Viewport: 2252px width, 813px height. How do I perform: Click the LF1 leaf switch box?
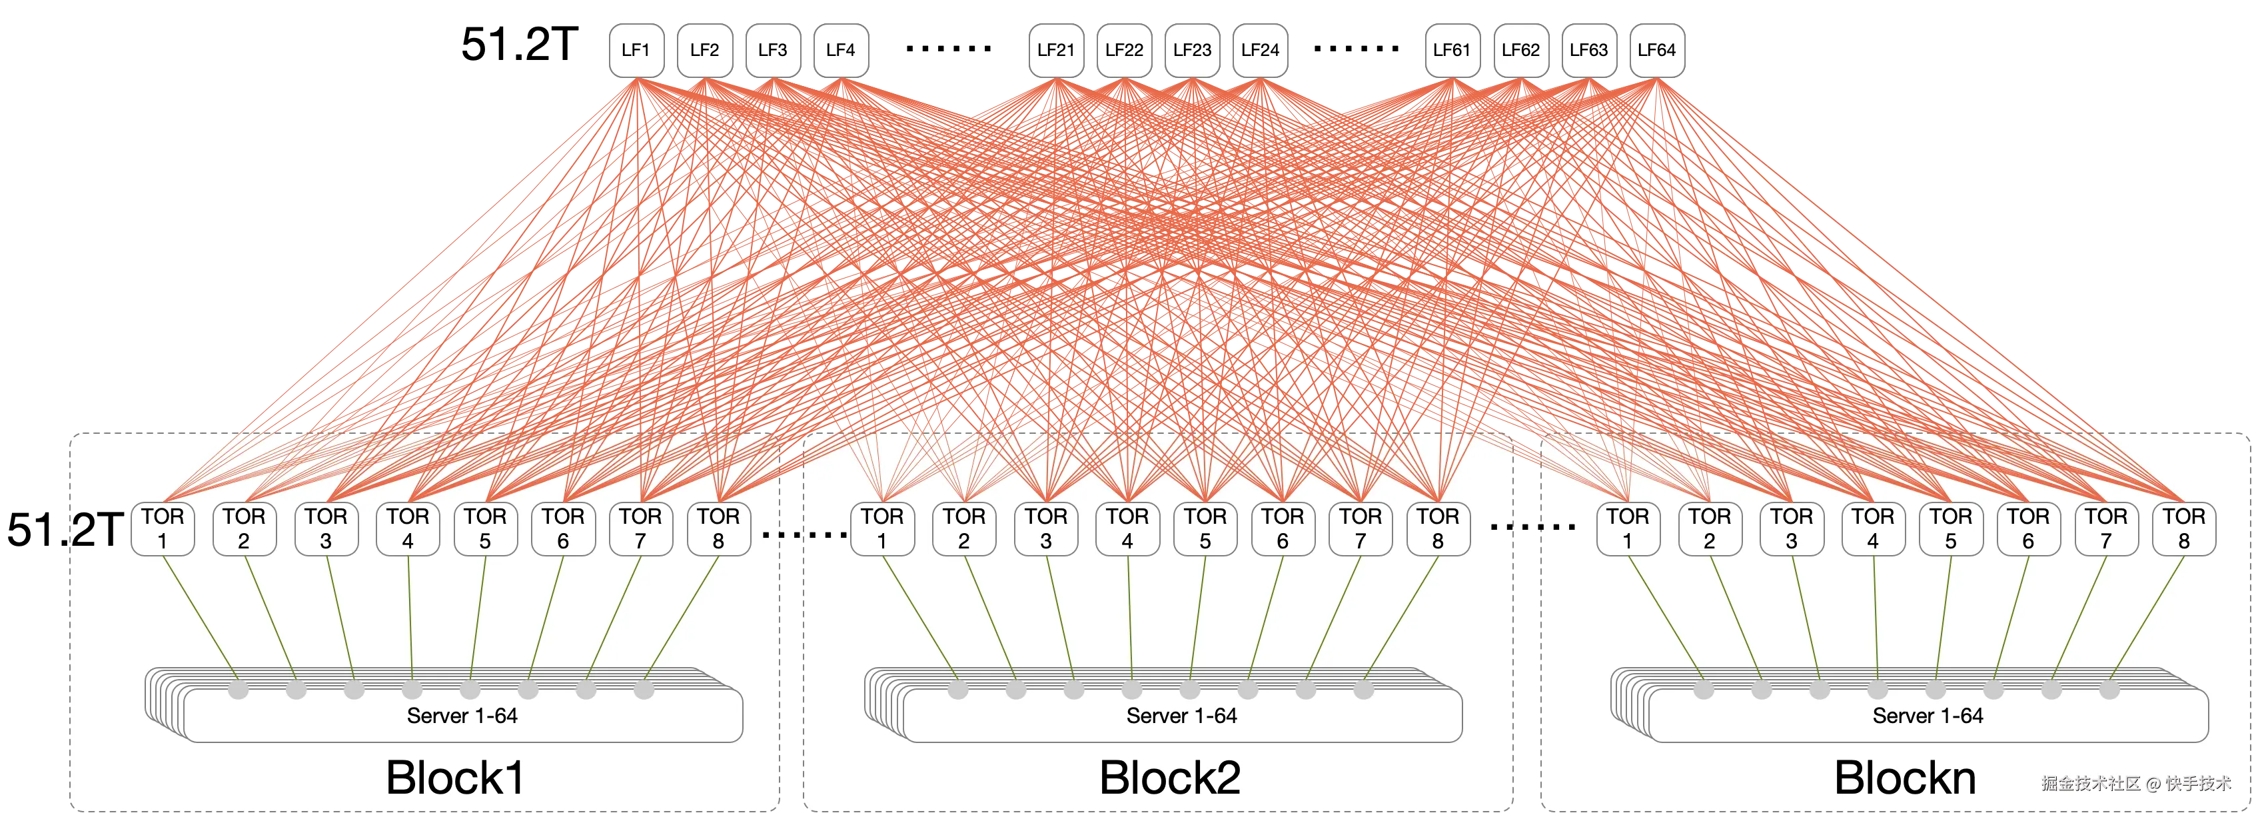[636, 51]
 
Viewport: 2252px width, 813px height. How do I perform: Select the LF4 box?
[840, 51]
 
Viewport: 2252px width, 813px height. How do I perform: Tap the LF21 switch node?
[1055, 51]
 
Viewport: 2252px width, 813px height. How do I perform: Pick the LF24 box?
[1260, 51]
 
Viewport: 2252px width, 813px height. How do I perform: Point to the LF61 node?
[1451, 51]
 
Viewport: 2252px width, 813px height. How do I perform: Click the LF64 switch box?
[1656, 51]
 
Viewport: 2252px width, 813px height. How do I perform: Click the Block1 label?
[454, 777]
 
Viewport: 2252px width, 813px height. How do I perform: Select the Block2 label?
[1170, 777]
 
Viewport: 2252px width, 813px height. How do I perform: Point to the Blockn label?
[1905, 777]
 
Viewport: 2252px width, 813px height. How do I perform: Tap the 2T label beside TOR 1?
[96, 530]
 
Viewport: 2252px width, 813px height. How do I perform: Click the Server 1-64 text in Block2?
[1181, 716]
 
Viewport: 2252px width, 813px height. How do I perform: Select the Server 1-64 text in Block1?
[462, 716]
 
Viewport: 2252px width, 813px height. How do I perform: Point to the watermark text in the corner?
[2135, 783]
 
